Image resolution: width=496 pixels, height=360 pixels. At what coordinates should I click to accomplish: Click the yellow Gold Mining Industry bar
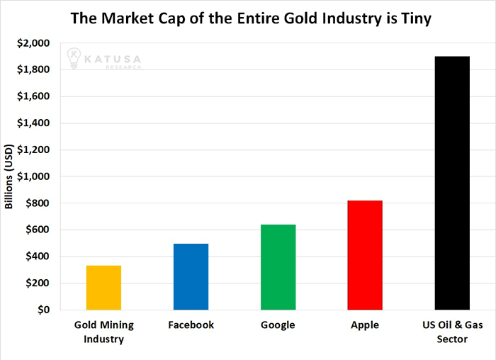point(103,288)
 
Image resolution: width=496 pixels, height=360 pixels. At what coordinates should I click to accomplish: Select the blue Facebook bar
point(191,276)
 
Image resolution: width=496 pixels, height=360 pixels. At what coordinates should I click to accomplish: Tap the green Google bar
point(278,267)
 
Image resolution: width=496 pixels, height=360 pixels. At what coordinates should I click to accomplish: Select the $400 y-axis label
point(38,257)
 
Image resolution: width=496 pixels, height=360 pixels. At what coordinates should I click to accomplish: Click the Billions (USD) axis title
point(9,176)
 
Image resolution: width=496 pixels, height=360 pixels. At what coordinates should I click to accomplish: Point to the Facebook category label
point(191,325)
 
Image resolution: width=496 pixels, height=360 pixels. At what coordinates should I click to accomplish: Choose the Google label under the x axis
point(278,325)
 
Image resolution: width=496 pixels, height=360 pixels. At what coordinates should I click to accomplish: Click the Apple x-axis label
point(365,325)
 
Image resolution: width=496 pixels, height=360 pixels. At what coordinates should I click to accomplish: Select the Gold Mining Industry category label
point(103,332)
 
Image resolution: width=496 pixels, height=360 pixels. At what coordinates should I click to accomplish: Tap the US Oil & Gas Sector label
point(452,332)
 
